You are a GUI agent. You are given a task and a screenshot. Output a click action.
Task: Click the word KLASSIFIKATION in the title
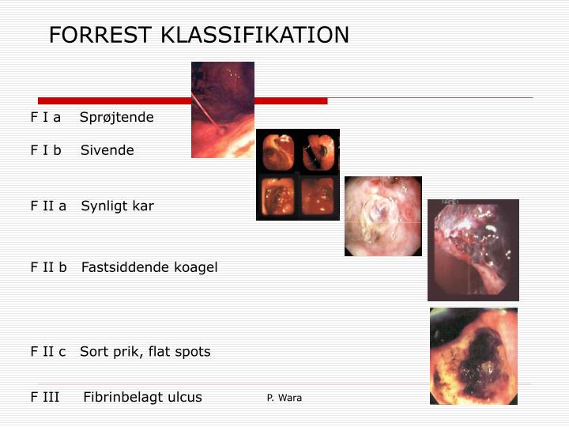[254, 36]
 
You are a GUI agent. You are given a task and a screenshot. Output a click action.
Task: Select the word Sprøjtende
[117, 117]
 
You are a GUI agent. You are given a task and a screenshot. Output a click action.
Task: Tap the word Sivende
[107, 150]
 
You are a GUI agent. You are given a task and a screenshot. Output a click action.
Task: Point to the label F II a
[48, 206]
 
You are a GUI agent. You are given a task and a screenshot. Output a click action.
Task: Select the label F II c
[48, 352]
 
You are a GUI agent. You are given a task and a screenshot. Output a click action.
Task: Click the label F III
[45, 397]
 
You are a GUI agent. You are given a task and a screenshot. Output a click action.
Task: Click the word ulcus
[183, 397]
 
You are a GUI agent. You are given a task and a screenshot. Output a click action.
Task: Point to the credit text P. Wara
[284, 398]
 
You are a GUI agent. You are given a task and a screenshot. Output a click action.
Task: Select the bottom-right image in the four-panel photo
[318, 196]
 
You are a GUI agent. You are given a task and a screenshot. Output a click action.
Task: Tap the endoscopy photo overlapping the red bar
[222, 109]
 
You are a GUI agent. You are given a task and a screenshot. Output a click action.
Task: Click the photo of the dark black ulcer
[473, 356]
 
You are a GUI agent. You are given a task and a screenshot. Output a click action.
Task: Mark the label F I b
[46, 150]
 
